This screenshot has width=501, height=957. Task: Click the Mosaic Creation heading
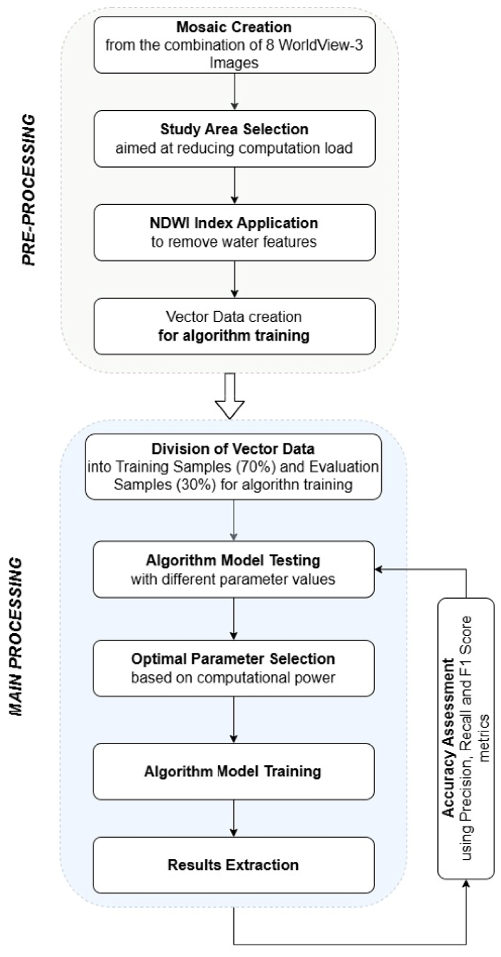click(234, 27)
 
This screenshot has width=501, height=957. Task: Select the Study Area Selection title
click(234, 129)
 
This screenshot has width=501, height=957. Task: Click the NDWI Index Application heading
click(234, 223)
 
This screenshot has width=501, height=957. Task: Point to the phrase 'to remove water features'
click(234, 242)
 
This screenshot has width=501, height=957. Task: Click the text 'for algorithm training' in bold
click(234, 335)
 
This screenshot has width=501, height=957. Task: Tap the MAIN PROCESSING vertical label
click(15, 637)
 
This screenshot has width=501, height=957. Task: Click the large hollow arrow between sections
click(230, 396)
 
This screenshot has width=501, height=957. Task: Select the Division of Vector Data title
click(233, 449)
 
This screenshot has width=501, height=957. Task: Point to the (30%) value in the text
click(198, 484)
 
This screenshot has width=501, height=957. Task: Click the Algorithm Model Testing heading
click(233, 560)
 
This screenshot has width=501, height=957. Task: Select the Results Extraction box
click(233, 865)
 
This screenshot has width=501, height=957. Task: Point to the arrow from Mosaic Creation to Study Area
click(234, 92)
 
